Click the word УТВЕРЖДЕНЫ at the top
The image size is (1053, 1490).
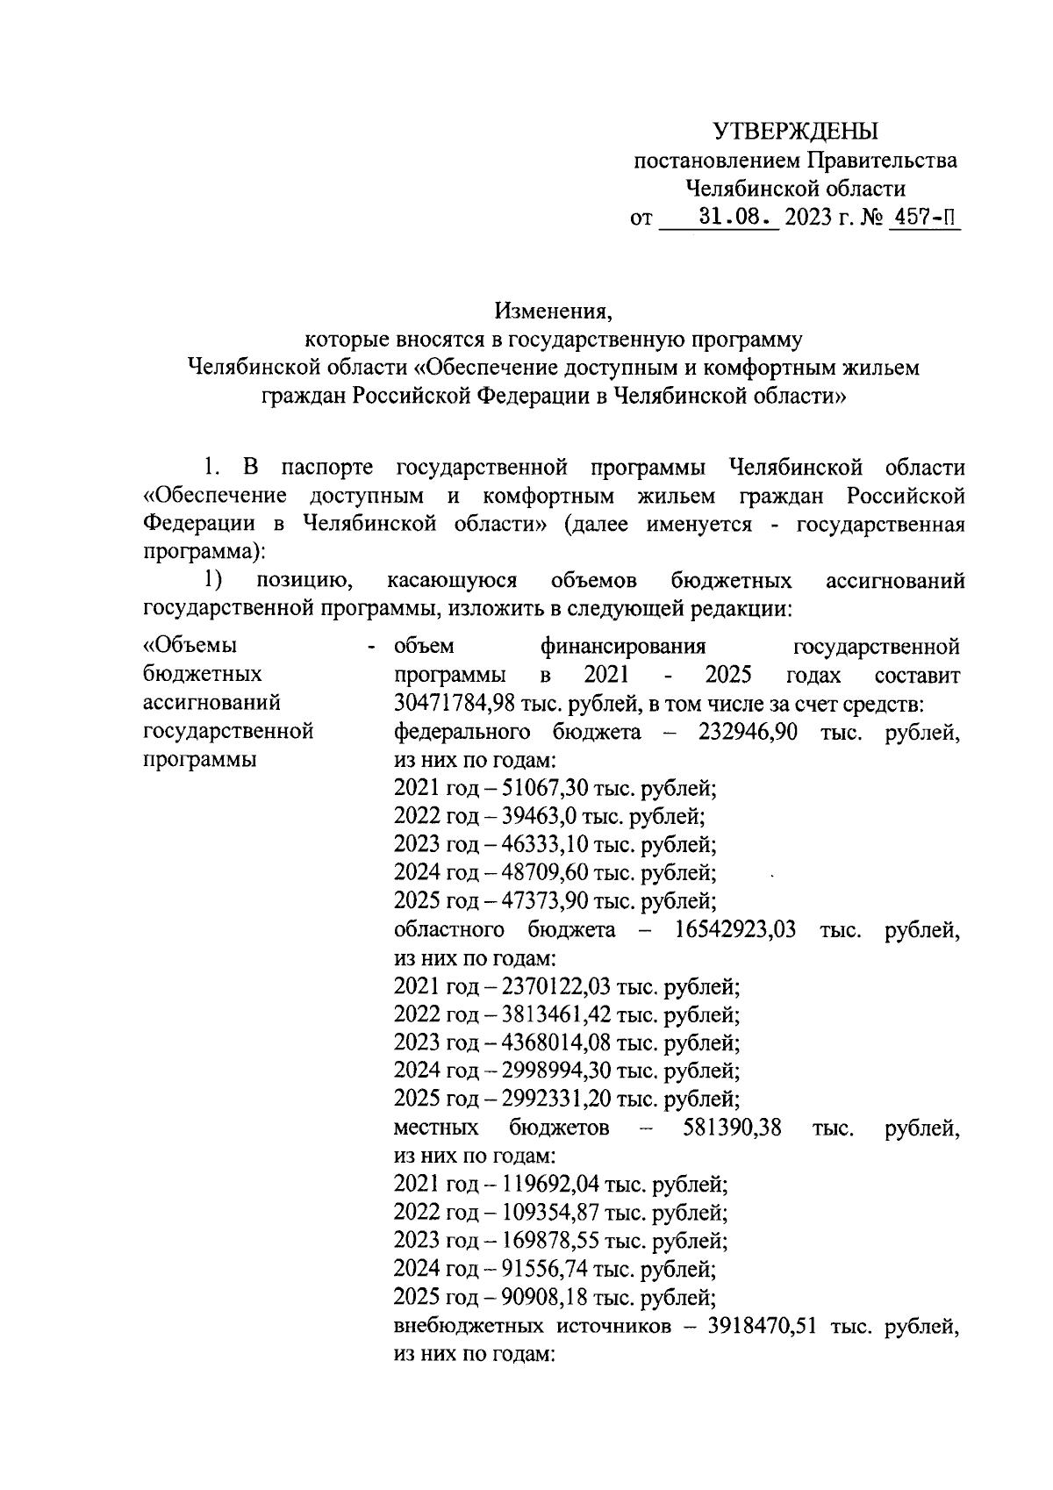pyautogui.click(x=795, y=133)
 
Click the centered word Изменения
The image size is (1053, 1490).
pyautogui.click(x=551, y=311)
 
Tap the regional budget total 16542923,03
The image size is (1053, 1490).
pyautogui.click(x=734, y=929)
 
